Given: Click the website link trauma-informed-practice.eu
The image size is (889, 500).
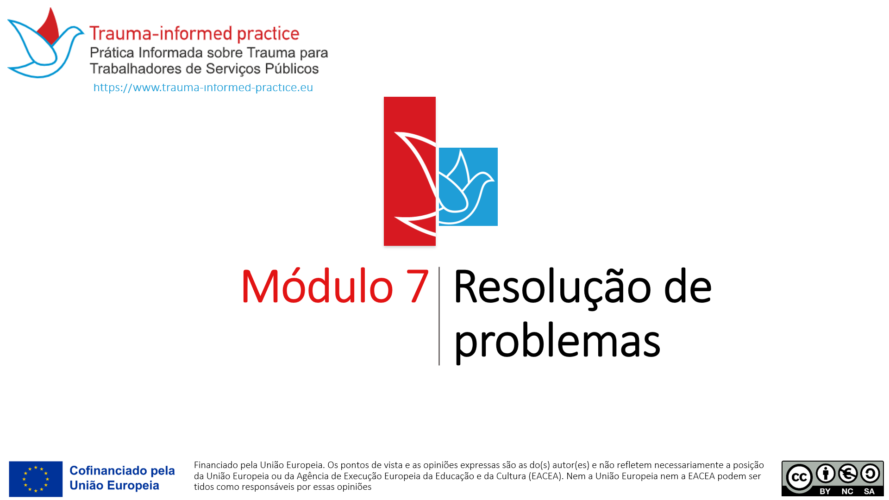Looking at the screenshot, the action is pos(203,87).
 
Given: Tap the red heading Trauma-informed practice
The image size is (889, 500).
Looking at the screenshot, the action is pos(194,33).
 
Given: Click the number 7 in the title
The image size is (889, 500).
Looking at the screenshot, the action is pos(417,287).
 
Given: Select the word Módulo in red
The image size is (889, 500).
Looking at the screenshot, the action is pos(317,286).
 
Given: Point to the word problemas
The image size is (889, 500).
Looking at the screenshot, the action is pos(557,342).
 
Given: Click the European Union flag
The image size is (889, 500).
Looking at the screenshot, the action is pos(36,479).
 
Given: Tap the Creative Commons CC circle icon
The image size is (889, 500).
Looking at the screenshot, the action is pos(799,477).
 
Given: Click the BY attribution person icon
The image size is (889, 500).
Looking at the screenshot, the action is pos(826,473).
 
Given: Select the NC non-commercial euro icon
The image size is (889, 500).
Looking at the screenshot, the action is pos(848,473).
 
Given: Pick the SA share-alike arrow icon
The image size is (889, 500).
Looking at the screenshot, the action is pos(870,473).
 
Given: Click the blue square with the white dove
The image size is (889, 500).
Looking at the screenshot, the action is pos(468,187).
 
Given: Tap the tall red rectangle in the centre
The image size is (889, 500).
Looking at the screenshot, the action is pos(410,171).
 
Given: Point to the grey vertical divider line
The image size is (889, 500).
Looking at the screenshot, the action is pos(439,316).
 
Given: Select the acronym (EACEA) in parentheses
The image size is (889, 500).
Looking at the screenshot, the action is pos(546,476).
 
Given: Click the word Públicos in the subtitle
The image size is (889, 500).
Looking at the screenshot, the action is pos(292,69).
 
